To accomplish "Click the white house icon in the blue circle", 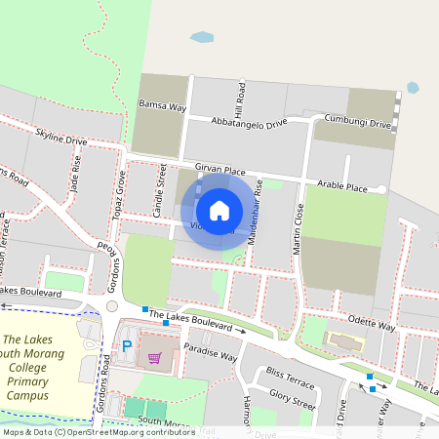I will pyautogui.click(x=219, y=210).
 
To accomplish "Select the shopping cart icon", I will pyautogui.click(x=154, y=357).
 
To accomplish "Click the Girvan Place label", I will pyautogui.click(x=219, y=169).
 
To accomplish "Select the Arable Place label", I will pyautogui.click(x=341, y=186).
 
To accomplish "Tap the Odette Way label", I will pyautogui.click(x=372, y=325).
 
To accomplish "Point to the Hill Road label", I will pyautogui.click(x=240, y=97).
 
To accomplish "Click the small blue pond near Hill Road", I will pyautogui.click(x=202, y=38).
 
